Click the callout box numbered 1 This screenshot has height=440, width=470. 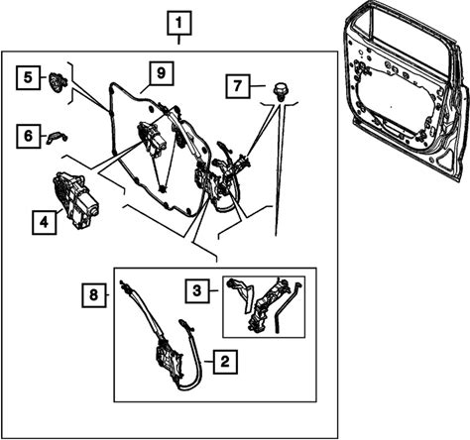point(179,23)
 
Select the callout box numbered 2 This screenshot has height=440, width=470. point(225,362)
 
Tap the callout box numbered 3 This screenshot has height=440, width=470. point(197,291)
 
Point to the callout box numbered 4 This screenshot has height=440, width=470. point(44,222)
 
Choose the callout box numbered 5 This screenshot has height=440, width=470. point(28,77)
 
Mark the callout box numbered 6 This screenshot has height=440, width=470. point(28,136)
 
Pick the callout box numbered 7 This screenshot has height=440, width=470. point(238,86)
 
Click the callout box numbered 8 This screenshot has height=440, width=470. point(94,295)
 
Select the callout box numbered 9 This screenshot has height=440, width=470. point(161,73)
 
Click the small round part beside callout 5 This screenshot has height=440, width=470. point(58,81)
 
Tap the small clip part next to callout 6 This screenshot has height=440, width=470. point(57,137)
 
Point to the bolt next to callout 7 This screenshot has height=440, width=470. point(282,91)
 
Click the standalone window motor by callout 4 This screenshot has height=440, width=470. point(74,200)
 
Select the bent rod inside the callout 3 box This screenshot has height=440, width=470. point(288,307)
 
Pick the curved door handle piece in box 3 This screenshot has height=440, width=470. point(244,294)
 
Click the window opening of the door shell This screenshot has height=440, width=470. point(409,37)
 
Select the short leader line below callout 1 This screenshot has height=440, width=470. point(179,40)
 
